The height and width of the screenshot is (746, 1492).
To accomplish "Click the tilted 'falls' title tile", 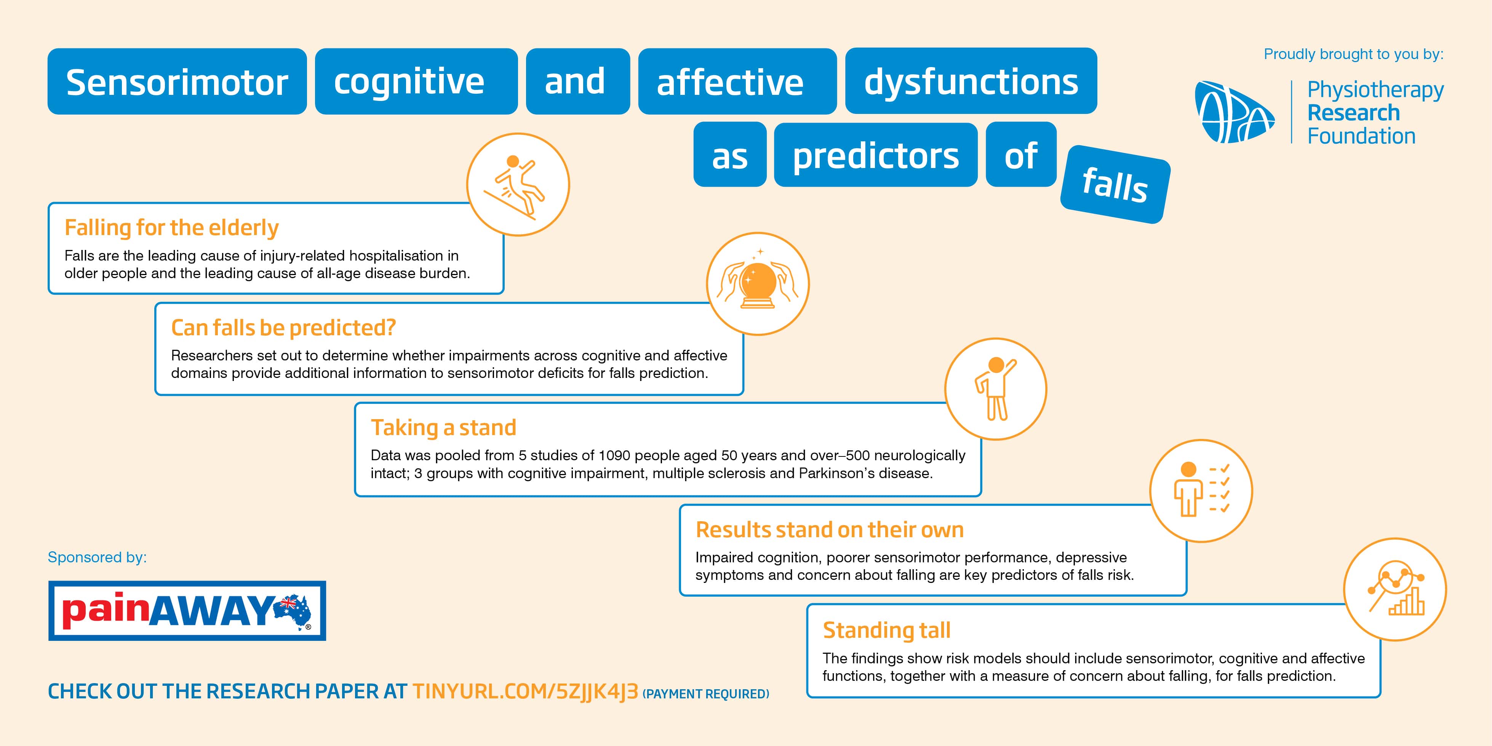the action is pyautogui.click(x=1115, y=184).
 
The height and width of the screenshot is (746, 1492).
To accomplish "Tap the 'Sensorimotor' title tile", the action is pyautogui.click(x=177, y=81).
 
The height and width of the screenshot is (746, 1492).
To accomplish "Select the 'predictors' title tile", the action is pyautogui.click(x=876, y=155).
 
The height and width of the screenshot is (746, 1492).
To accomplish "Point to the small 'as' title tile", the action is pyautogui.click(x=730, y=155).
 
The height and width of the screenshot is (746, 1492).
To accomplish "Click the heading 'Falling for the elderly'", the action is pyautogui.click(x=171, y=227).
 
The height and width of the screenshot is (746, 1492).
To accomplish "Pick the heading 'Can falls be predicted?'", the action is pyautogui.click(x=283, y=328).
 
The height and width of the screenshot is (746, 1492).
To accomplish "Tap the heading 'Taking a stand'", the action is pyautogui.click(x=443, y=428).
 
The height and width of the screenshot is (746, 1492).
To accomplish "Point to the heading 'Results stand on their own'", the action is pyautogui.click(x=829, y=529).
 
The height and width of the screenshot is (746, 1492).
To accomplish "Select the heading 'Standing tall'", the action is pyautogui.click(x=887, y=629).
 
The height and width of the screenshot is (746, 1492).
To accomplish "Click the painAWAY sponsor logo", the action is pyautogui.click(x=187, y=610).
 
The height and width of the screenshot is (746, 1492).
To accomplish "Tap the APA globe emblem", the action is pyautogui.click(x=1234, y=112).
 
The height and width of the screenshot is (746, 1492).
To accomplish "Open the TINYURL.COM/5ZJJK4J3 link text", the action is pyautogui.click(x=525, y=692).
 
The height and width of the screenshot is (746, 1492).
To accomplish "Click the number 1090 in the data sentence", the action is pyautogui.click(x=614, y=455).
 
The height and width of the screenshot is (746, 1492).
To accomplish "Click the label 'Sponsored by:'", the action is pyautogui.click(x=97, y=557).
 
